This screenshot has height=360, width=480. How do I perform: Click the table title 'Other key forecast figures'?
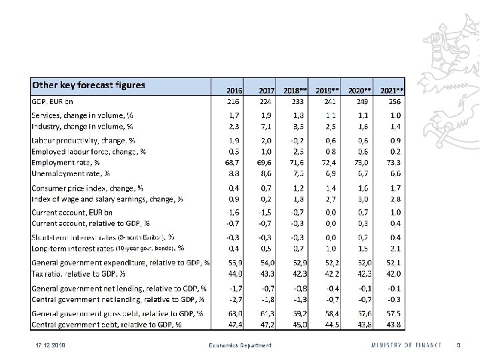point(89,85)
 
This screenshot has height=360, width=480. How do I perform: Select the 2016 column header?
point(234,90)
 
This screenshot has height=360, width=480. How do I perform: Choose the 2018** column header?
point(295,90)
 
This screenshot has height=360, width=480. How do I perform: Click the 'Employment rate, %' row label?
point(66,162)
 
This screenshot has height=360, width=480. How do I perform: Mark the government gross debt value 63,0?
point(233,313)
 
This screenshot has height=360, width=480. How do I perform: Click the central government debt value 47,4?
point(233,325)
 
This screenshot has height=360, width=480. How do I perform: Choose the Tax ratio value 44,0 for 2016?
point(233,273)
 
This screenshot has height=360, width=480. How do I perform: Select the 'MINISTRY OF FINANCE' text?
point(407,345)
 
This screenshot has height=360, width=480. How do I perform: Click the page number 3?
point(457,345)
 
